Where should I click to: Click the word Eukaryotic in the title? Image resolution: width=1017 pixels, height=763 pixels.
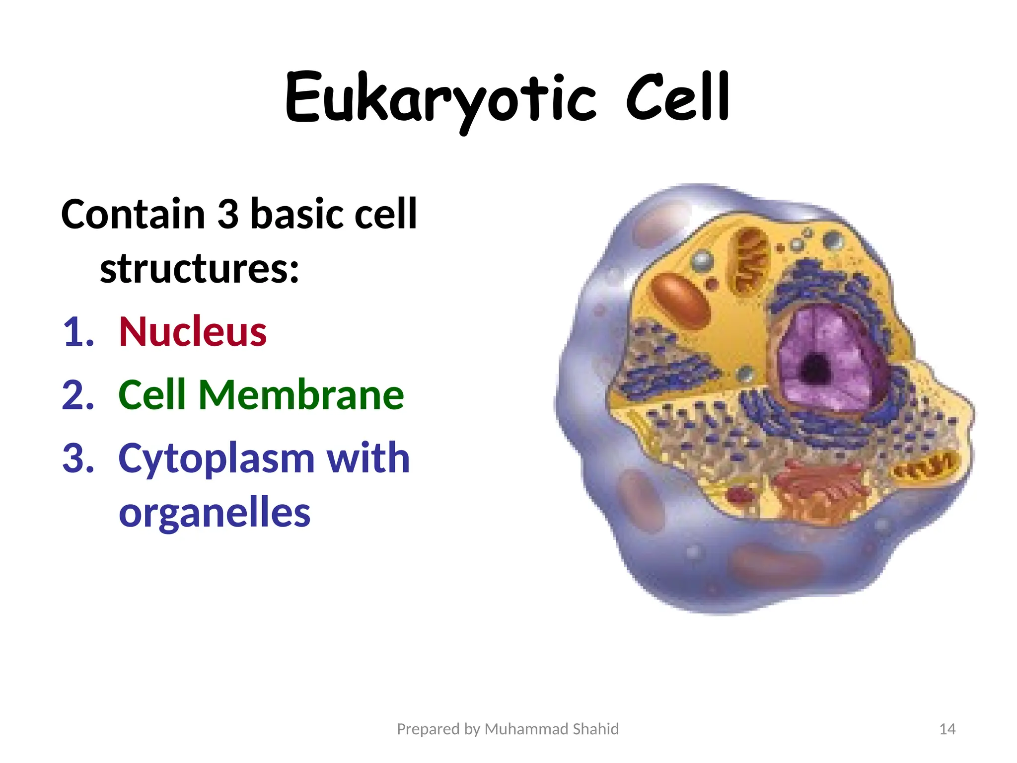coord(440,98)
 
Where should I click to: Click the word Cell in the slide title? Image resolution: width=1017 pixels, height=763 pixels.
coord(677,98)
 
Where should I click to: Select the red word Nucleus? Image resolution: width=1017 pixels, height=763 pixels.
coord(193,331)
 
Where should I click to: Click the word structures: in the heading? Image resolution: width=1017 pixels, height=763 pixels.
coord(200,268)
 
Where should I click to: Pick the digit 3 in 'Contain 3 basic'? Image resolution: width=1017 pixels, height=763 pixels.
coord(228,214)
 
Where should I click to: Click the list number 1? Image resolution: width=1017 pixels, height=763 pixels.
coord(78,332)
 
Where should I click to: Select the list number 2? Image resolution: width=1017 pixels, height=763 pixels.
coord(78,395)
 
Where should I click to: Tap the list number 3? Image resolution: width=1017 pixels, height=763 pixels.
coord(78,458)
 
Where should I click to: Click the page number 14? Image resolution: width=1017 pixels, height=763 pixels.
coord(947,729)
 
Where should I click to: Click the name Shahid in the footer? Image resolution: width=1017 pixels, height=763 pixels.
coord(595,729)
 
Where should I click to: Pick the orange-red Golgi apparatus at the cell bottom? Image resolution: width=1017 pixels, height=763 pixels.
coord(819,489)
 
